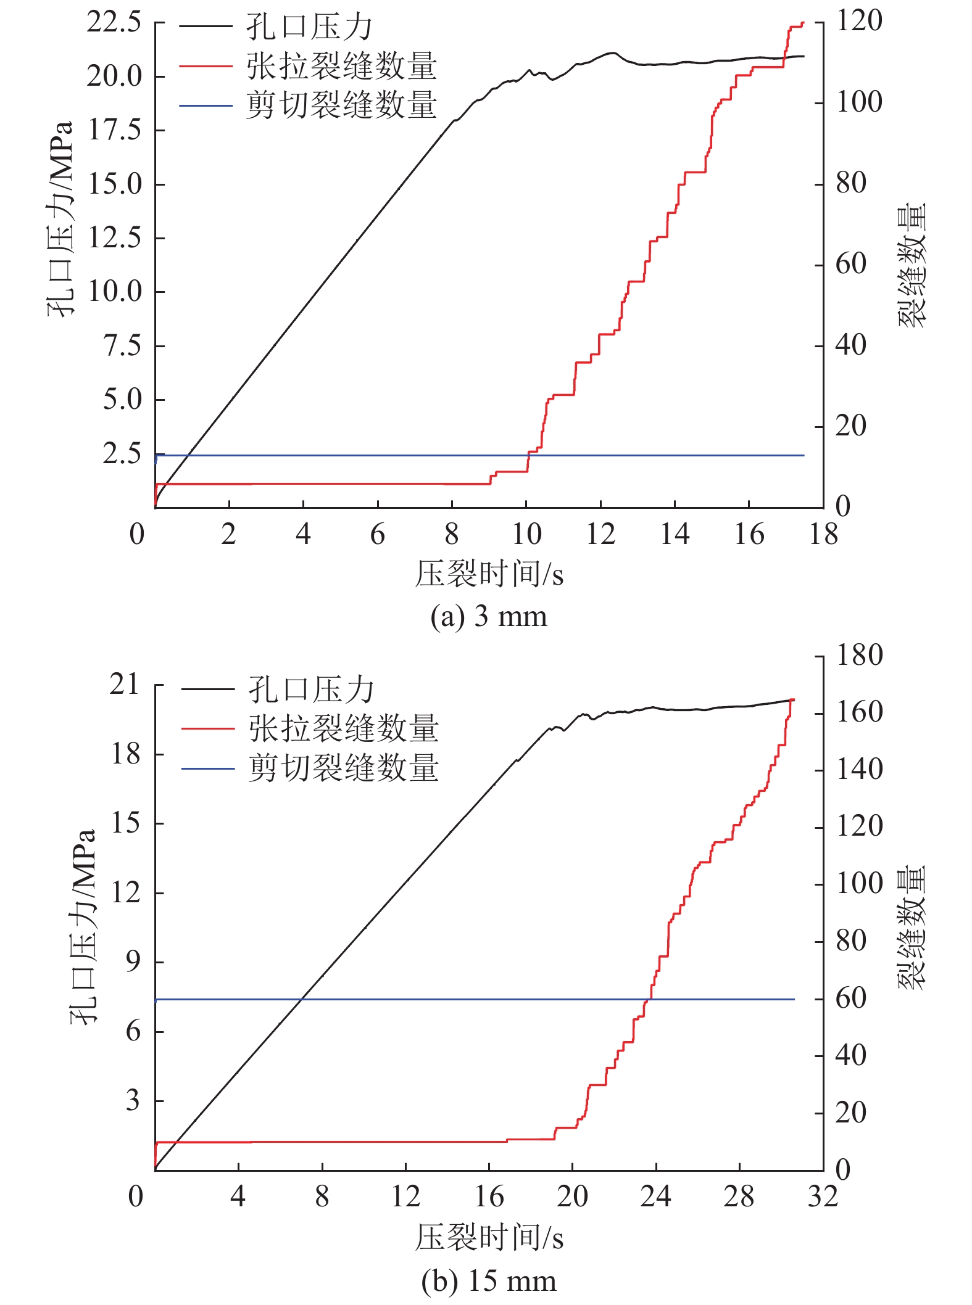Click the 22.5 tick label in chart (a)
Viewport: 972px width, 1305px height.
(114, 23)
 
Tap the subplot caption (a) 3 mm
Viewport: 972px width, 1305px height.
(488, 616)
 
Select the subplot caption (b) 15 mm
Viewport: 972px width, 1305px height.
(488, 1281)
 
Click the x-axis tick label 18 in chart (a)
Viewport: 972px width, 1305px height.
(823, 535)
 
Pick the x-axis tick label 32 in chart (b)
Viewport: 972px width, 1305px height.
(823, 1197)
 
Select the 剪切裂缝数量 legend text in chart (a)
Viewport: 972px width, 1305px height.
(342, 105)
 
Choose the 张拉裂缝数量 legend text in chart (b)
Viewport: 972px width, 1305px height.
(344, 728)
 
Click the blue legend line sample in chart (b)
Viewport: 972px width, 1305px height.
(208, 768)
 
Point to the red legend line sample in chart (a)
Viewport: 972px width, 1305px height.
(206, 66)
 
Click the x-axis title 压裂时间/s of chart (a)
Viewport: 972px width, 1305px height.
(488, 574)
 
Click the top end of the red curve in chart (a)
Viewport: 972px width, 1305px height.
(803, 23)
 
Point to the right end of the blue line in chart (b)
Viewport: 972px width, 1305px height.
(794, 999)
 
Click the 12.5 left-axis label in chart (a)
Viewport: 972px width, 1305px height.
(114, 238)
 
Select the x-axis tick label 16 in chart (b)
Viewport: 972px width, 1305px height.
(489, 1197)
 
